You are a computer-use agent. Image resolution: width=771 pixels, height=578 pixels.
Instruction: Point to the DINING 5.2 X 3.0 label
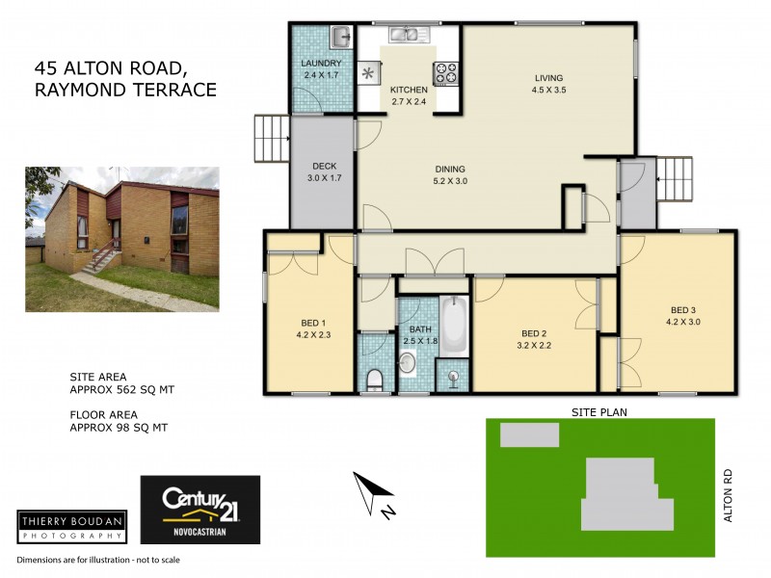[x=455, y=173]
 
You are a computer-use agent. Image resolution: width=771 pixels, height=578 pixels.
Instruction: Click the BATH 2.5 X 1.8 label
[x=421, y=334]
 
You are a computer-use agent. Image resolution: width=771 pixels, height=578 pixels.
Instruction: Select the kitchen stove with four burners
[x=447, y=71]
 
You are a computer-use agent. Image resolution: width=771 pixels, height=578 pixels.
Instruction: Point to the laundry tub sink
[x=340, y=38]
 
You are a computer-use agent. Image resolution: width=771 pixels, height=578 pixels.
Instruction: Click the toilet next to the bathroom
[x=375, y=380]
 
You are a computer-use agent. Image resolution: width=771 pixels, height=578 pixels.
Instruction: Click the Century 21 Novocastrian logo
[x=200, y=511]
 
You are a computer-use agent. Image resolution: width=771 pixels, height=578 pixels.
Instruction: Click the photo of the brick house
[x=122, y=239]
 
